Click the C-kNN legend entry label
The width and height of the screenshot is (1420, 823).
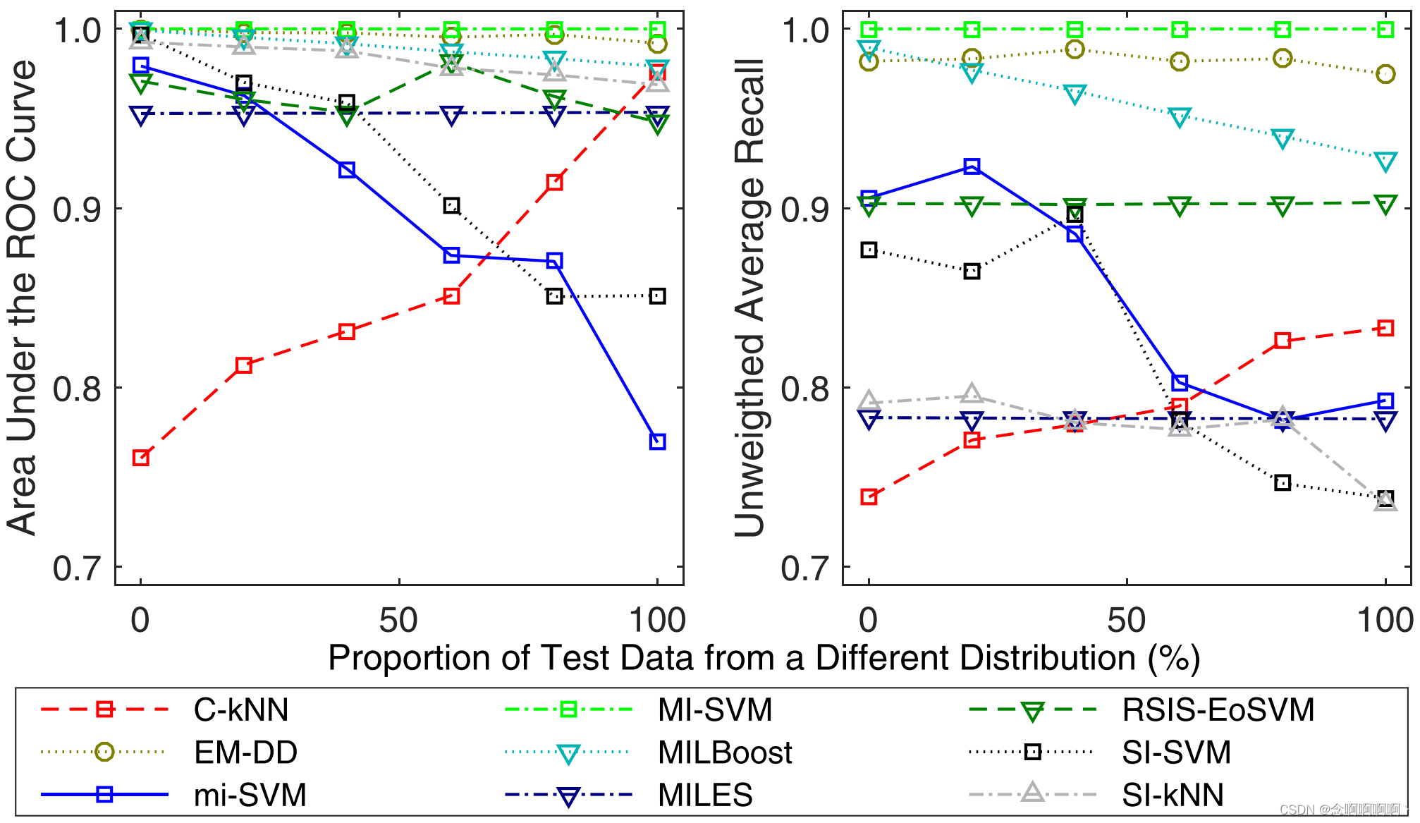point(241,710)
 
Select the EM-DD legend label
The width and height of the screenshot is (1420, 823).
point(245,753)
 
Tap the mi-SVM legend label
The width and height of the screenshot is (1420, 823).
point(250,795)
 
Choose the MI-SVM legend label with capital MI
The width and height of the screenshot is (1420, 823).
point(715,710)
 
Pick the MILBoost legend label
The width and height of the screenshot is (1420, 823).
point(725,753)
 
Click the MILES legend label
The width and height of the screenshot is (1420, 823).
point(705,795)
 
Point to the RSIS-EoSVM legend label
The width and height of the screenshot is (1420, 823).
point(1218,710)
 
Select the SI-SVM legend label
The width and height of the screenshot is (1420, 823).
point(1176,753)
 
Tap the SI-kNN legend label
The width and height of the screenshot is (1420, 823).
point(1173,795)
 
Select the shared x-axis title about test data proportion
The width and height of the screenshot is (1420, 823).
point(764,658)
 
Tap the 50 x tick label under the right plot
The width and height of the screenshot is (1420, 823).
point(1127,621)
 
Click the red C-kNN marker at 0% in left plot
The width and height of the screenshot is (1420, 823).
point(140,458)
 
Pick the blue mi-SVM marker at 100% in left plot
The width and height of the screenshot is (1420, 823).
point(657,441)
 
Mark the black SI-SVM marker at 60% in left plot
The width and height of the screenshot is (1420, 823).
point(451,206)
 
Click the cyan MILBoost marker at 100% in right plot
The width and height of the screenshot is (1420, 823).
point(1385,161)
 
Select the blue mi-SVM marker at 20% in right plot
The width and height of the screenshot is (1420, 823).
point(972,166)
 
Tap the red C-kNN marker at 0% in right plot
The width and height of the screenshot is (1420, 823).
point(869,497)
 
